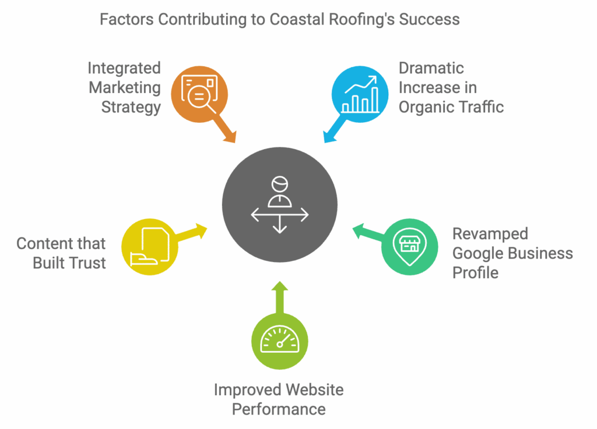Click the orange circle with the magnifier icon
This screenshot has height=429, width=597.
(x=199, y=94)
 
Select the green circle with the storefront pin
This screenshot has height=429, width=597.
(x=409, y=247)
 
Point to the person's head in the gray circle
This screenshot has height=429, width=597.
(x=279, y=185)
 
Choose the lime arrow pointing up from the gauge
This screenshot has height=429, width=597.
(x=279, y=296)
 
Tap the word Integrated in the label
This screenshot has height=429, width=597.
(x=124, y=68)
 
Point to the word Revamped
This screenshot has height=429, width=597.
(x=482, y=234)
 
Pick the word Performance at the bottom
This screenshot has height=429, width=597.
(x=279, y=409)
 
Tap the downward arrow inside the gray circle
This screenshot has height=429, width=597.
(x=279, y=226)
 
